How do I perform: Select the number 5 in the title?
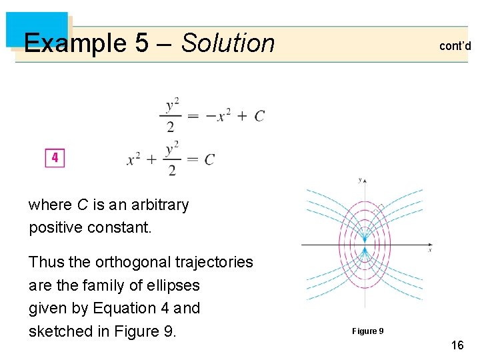tap(141, 43)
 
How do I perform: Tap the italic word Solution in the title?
tap(228, 43)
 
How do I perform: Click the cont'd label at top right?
tap(455, 46)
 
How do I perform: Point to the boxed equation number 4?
tap(55, 158)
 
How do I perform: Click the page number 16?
tap(457, 345)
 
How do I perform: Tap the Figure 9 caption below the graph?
tap(367, 331)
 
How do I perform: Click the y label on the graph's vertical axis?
tap(360, 180)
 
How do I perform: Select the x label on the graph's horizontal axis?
tap(430, 250)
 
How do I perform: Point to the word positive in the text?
tap(55, 227)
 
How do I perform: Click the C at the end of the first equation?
tap(259, 116)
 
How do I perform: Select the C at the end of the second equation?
tap(209, 159)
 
